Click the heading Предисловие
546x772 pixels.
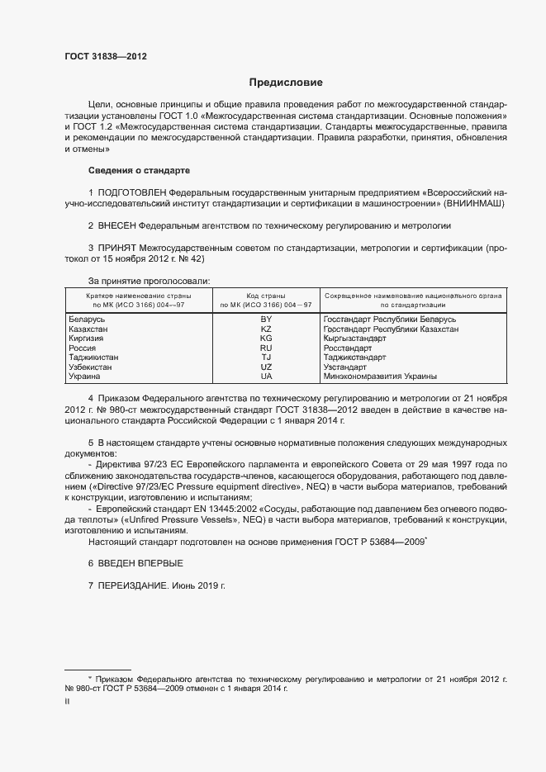(x=287, y=83)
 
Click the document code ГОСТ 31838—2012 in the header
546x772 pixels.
(x=105, y=57)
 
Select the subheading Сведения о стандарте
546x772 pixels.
(x=139, y=170)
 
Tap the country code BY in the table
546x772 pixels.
(x=266, y=319)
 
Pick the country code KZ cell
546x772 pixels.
(x=266, y=329)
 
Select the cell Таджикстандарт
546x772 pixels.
(x=355, y=358)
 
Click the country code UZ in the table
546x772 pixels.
(x=266, y=367)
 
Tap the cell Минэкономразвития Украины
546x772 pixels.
(x=381, y=377)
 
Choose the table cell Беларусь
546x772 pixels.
(x=88, y=319)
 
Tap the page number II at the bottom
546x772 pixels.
(x=67, y=700)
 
